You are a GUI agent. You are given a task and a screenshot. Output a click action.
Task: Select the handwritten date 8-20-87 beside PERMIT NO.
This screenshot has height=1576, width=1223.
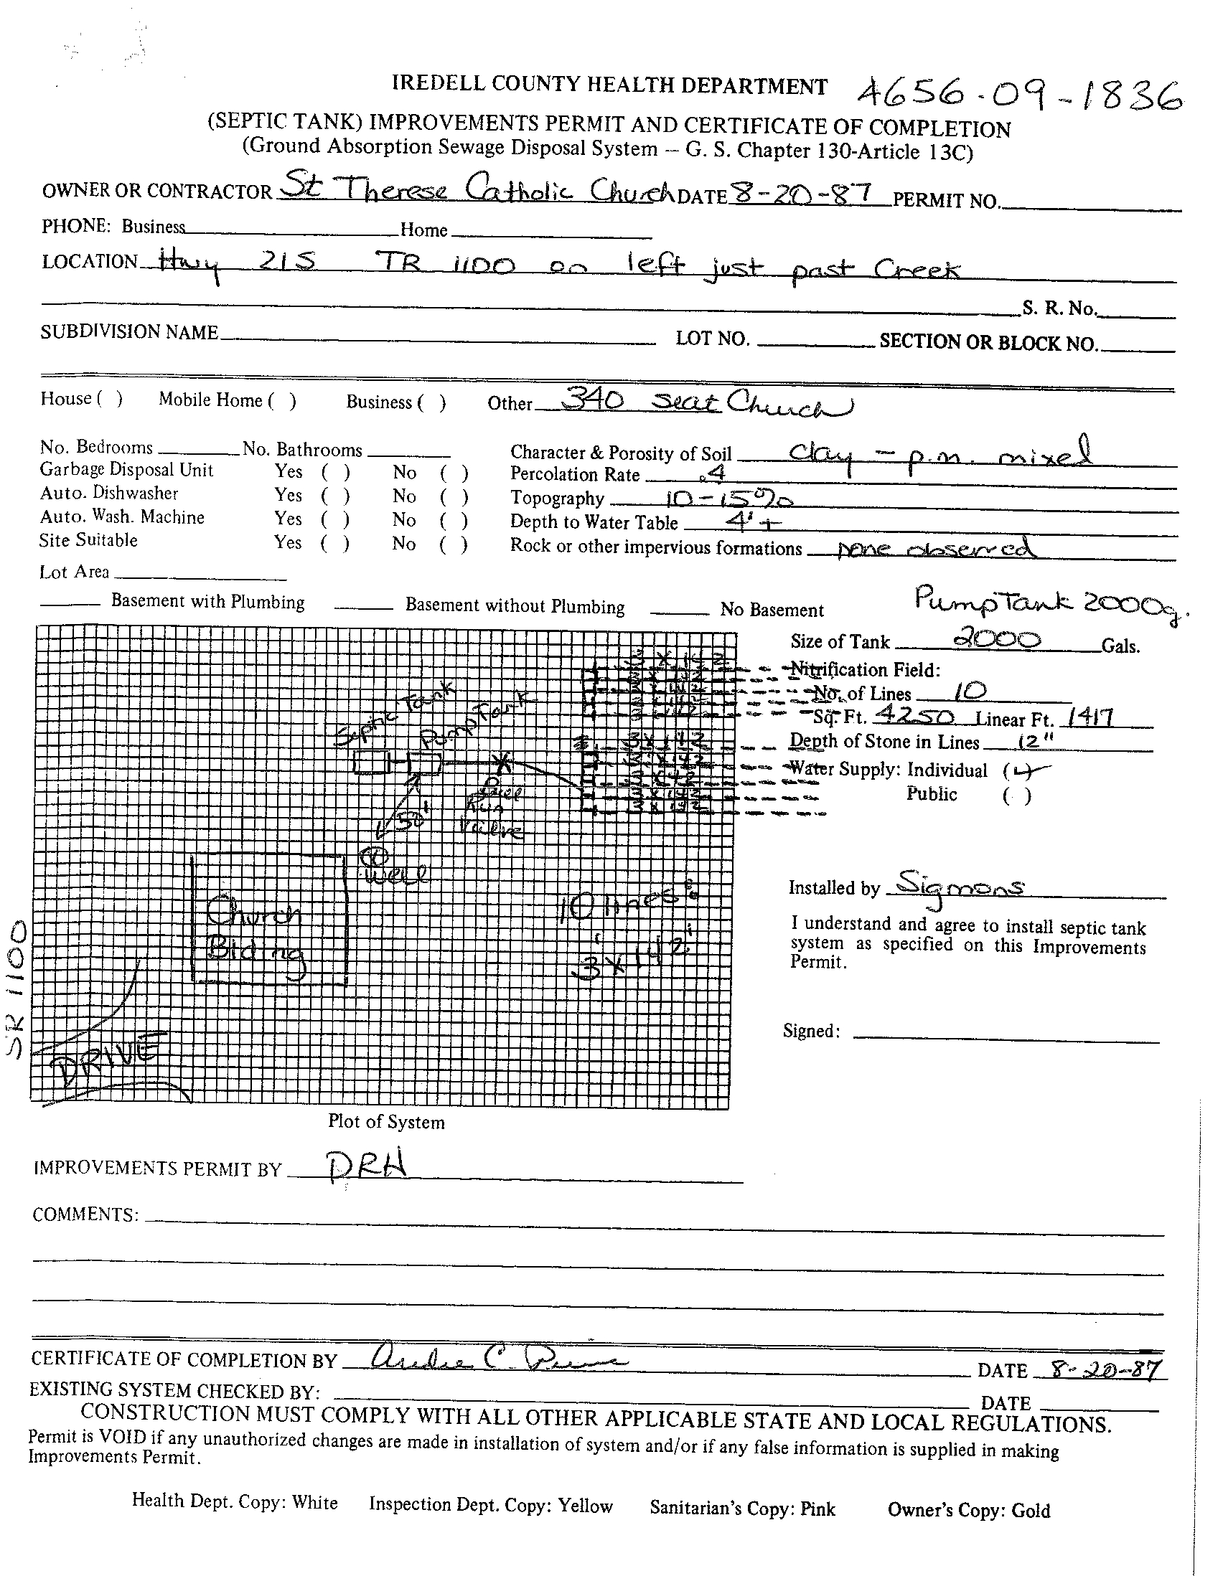coord(801,194)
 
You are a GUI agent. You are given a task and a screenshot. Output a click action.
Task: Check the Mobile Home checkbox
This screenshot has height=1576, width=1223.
coord(282,401)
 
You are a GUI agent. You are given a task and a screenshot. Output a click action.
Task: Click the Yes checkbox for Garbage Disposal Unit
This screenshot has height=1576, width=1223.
coord(336,473)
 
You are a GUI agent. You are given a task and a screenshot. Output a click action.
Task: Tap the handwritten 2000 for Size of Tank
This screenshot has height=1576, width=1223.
coord(997,639)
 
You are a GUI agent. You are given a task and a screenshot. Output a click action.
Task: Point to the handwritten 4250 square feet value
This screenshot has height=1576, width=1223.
coord(914,716)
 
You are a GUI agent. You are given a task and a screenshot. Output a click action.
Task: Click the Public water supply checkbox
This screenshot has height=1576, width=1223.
coord(1017,796)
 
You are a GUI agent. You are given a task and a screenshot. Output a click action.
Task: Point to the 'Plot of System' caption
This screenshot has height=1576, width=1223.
coord(386,1122)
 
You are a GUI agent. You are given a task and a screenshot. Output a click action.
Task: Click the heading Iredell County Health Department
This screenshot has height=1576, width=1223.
coord(609,86)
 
